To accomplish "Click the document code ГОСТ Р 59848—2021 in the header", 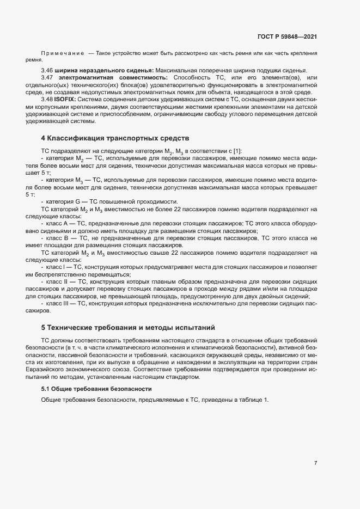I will (x=287, y=36).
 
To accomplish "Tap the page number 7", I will (x=315, y=463).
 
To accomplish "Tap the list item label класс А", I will (x=58, y=224).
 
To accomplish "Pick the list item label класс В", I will (x=58, y=238).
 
